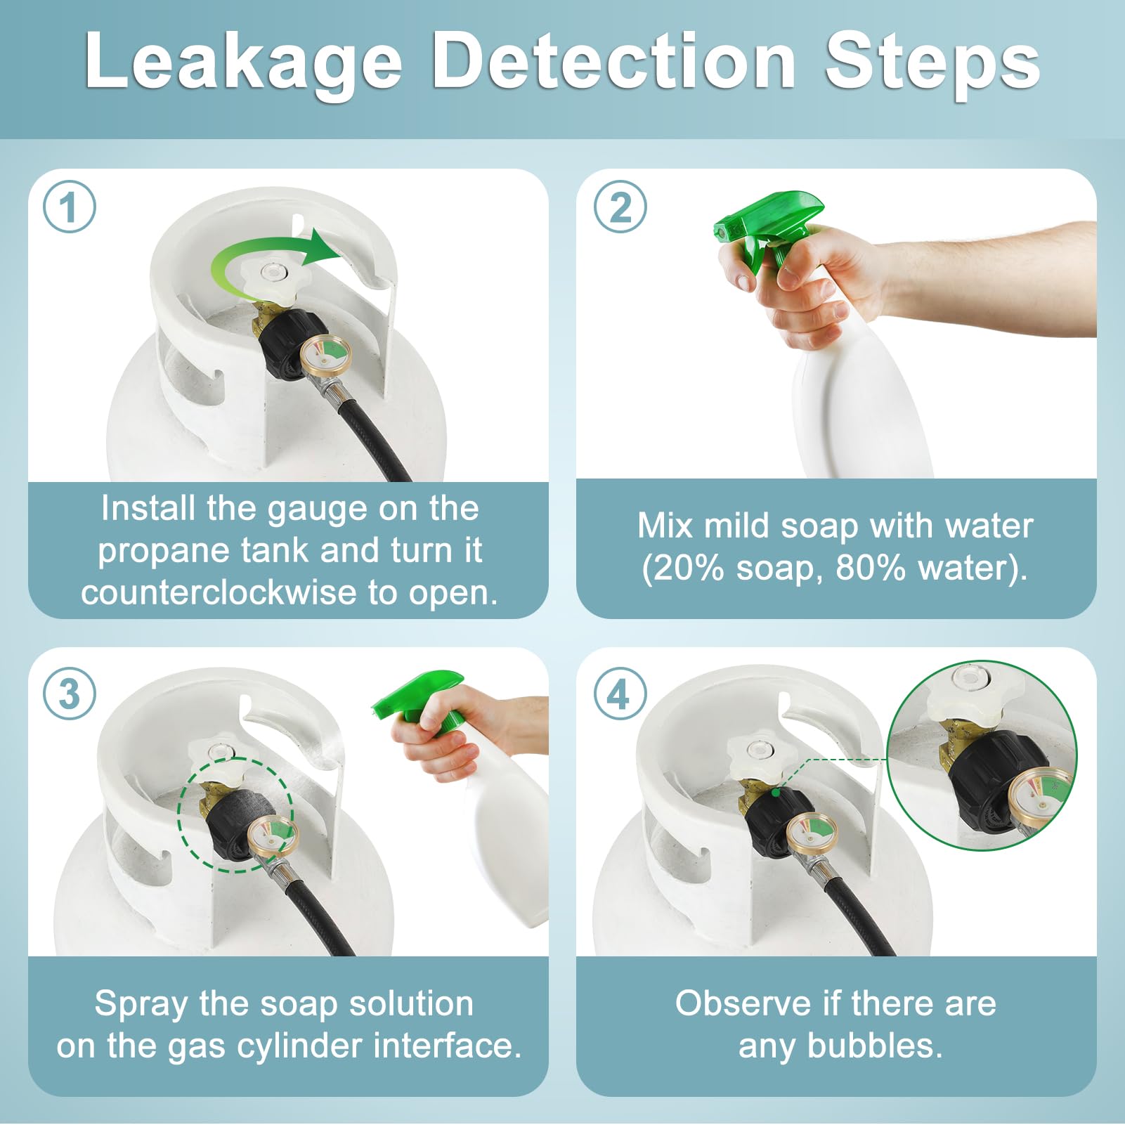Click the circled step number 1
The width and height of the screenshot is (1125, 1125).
(69, 207)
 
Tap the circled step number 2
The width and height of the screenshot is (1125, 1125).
(620, 207)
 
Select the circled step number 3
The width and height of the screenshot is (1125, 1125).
(69, 694)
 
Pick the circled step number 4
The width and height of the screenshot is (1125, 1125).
(620, 694)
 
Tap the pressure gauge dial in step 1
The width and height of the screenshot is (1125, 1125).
(325, 353)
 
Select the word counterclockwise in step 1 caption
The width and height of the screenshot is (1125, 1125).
(219, 592)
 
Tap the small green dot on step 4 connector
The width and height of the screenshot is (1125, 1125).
(775, 792)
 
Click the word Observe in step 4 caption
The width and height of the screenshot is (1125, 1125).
(743, 1003)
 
